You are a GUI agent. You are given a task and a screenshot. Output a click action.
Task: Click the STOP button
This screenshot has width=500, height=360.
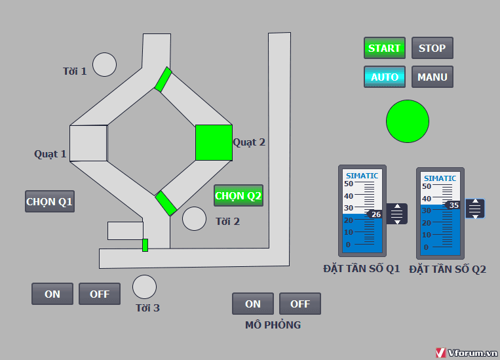pos(432,48)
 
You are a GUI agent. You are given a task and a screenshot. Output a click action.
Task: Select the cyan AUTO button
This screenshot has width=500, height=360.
pos(385,77)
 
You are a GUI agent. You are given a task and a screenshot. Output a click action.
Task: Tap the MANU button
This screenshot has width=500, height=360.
pos(432,77)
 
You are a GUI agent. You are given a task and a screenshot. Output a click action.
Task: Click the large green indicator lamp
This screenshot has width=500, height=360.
pos(407,121)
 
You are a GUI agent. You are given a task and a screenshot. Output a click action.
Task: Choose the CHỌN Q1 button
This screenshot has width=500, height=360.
pos(50,201)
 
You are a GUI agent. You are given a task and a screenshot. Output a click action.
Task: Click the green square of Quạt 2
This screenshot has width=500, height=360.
pos(214,143)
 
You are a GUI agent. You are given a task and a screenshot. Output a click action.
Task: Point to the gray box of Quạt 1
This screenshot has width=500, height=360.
pos(88,144)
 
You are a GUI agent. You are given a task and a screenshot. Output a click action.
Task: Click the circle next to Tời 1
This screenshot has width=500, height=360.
pos(104,64)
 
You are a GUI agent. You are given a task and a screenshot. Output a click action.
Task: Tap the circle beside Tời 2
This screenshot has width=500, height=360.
pos(194,218)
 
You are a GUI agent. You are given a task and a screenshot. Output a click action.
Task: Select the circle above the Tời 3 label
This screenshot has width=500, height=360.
pos(144,287)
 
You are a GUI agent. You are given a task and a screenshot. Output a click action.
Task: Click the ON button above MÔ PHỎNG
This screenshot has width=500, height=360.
pos(252,304)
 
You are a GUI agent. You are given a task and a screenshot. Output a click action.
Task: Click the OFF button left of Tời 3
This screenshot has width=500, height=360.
pos(100,294)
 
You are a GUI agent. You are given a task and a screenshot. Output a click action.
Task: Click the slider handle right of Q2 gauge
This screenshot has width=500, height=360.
pos(475,209)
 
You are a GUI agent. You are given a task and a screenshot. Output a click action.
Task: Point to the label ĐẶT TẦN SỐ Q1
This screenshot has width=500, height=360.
pos(362,268)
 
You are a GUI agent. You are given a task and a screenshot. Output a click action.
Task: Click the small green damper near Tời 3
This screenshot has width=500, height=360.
pos(145,245)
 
